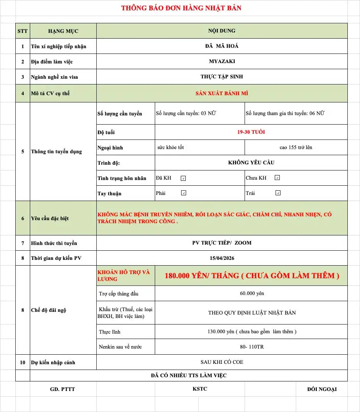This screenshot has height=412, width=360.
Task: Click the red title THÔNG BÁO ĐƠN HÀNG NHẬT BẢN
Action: [181, 8]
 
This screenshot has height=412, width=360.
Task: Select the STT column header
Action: [23, 31]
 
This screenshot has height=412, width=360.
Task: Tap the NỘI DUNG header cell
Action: [222, 31]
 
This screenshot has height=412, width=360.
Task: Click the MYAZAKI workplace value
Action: [222, 61]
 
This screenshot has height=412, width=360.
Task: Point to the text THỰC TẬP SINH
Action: [222, 76]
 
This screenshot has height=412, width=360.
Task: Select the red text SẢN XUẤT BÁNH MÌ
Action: [222, 93]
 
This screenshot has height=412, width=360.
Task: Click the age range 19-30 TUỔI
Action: [251, 132]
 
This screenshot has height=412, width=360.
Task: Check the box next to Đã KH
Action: [183, 178]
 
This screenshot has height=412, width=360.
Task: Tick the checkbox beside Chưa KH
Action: [277, 178]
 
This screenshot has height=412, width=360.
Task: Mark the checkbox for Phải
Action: [183, 193]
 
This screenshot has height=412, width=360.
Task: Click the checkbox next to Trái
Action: [278, 193]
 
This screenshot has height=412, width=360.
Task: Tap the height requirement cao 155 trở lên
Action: [296, 147]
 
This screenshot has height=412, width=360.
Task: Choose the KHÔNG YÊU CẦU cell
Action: [251, 162]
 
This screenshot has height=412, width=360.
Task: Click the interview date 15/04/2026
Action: [222, 258]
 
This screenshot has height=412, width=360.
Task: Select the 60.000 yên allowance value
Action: [251, 294]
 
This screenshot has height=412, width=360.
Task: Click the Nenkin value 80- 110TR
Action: [251, 347]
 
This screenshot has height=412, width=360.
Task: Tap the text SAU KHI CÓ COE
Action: [222, 362]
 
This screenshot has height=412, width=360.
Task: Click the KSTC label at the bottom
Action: [200, 389]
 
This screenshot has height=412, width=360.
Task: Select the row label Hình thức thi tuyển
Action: [54, 243]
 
